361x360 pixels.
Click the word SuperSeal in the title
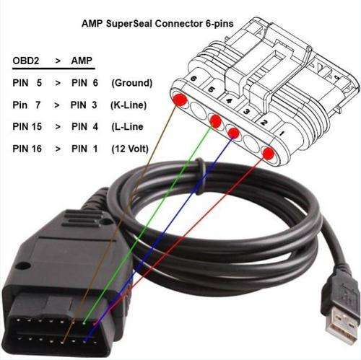tap(129, 24)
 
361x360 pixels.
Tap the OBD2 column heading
tap(26, 61)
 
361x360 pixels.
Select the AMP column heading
tap(82, 61)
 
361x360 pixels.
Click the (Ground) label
tap(132, 83)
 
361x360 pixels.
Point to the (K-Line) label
tap(129, 105)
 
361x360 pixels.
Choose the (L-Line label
tap(127, 127)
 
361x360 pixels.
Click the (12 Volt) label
tap(130, 149)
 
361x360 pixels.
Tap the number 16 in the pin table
tap(36, 149)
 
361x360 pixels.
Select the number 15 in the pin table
tap(36, 126)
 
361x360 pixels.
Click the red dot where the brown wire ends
tap(180, 100)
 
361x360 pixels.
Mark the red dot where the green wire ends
tap(215, 121)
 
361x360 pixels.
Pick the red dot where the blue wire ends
tap(233, 133)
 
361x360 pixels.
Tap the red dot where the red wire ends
tap(269, 153)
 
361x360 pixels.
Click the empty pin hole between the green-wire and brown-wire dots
tap(199, 111)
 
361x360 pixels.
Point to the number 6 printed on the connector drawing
tap(193, 79)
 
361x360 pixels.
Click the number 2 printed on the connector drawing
tap(264, 123)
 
